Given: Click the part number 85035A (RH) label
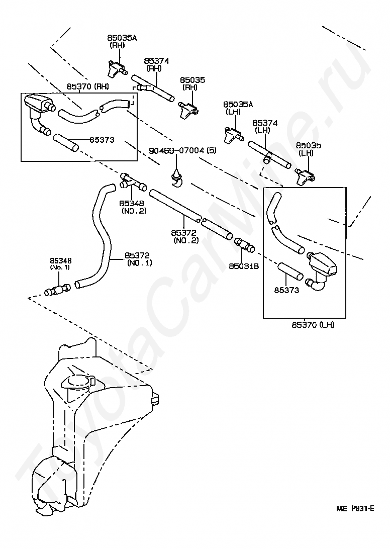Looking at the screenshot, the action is (x=122, y=41).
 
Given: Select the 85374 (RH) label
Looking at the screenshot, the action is (x=156, y=64).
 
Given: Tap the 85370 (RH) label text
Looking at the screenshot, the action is (x=87, y=86).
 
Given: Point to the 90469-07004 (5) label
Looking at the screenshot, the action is (x=183, y=150).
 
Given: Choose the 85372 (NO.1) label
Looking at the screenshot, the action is (x=139, y=259).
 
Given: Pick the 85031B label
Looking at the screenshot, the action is (x=244, y=266).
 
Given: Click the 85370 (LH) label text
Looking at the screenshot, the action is (x=313, y=325).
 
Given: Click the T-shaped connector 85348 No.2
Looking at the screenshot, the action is (x=133, y=181).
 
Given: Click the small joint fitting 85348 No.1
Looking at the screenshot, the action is (x=58, y=290).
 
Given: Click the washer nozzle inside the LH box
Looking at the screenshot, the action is (x=321, y=271).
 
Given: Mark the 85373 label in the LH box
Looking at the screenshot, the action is (x=287, y=290).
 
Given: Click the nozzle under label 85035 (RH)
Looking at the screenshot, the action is (x=189, y=109).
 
